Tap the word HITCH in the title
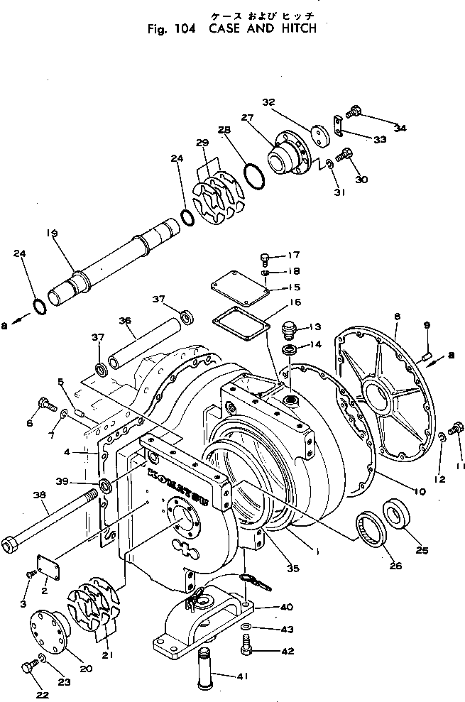click(x=294, y=29)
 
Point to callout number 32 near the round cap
click(x=268, y=102)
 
